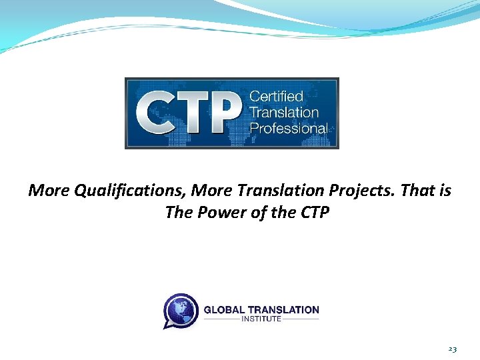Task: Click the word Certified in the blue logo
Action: pos(276,97)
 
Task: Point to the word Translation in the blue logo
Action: pos(284,112)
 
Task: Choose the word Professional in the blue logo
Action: pos(289,127)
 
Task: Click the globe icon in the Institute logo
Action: pos(181,311)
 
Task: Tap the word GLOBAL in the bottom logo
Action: pos(224,309)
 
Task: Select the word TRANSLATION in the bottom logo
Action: pos(283,309)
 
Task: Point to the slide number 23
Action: pos(452,349)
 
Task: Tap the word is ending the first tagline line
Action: pos(445,191)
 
